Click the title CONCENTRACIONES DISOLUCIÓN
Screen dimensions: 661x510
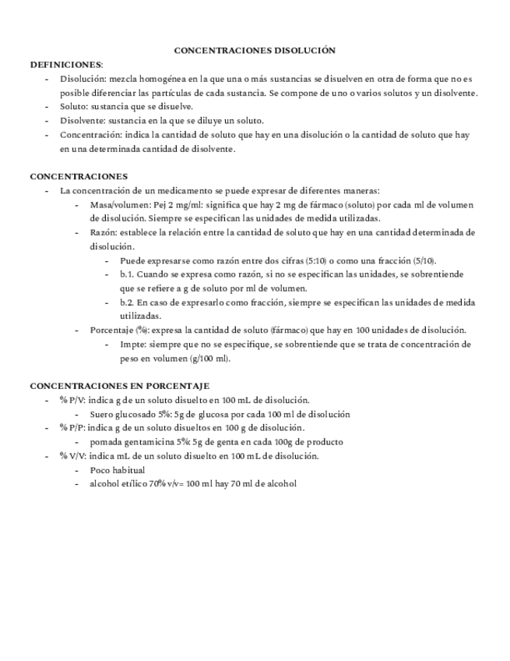pos(255,50)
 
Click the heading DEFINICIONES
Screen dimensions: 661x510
pos(65,64)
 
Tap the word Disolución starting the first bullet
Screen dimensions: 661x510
pos(82,79)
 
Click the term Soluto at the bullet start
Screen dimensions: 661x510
pos(72,106)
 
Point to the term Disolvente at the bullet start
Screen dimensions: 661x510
pos(79,120)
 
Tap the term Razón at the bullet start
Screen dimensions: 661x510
pos(104,232)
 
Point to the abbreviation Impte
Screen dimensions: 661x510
pos(132,344)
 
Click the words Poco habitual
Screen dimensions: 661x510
pos(117,470)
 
